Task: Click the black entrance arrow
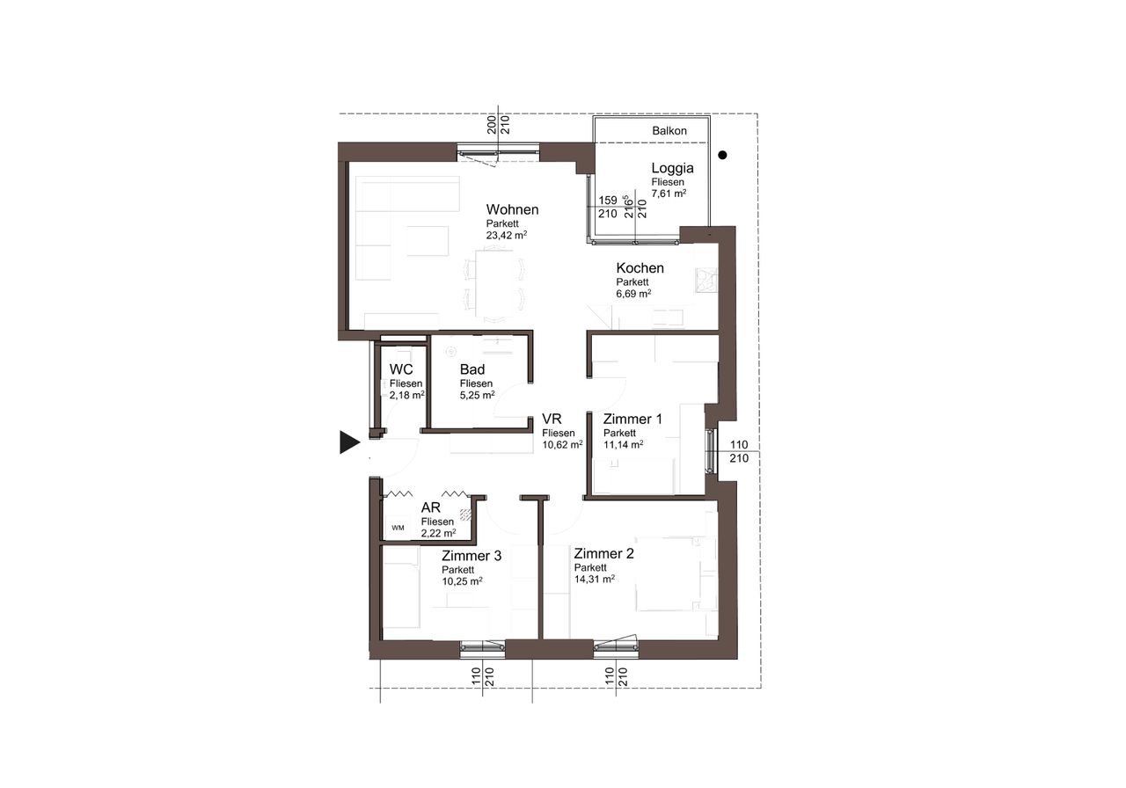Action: [350, 442]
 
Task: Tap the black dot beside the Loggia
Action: [722, 156]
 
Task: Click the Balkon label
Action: [669, 131]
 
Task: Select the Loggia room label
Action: [673, 168]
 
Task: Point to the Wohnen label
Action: [512, 209]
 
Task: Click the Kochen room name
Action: [640, 268]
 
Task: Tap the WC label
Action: [400, 369]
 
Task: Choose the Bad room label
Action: [472, 369]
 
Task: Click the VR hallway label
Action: [552, 419]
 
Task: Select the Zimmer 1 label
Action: [632, 419]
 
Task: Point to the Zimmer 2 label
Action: [603, 553]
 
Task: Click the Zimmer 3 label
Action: [472, 556]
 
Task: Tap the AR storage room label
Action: [431, 507]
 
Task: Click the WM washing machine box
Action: [398, 528]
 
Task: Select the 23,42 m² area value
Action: [506, 235]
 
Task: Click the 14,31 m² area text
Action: [595, 579]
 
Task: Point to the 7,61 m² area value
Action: [669, 193]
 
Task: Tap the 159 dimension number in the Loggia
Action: [608, 200]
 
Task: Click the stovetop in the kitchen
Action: [706, 281]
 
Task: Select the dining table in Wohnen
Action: [494, 284]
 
